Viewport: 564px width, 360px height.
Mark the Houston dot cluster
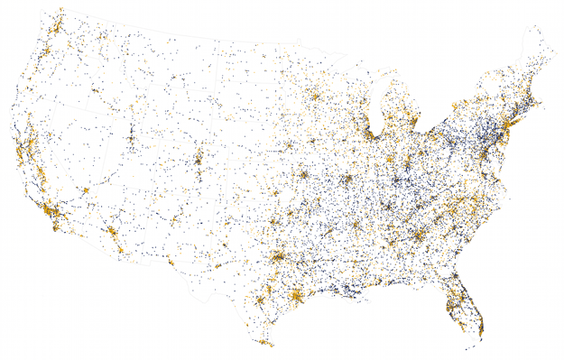(295, 297)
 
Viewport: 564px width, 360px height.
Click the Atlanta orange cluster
(420, 237)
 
